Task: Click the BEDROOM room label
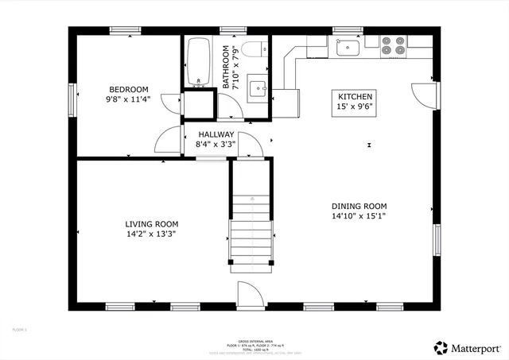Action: [129, 89]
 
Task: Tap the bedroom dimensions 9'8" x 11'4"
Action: [129, 100]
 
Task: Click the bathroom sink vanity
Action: [256, 87]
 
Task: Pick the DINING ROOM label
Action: [359, 204]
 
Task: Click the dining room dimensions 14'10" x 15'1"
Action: [359, 215]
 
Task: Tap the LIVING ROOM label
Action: [151, 224]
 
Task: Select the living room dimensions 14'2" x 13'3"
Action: [151, 234]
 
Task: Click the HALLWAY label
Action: [216, 134]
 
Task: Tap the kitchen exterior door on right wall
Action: [425, 93]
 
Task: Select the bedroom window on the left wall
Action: [73, 101]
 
